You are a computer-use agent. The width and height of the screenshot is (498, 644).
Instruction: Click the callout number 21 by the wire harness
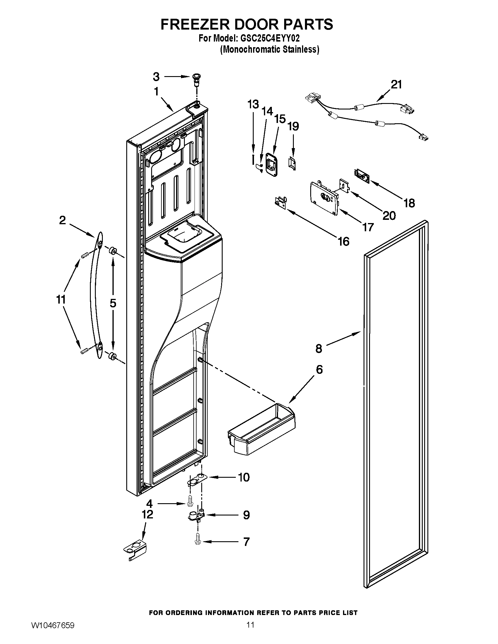(396, 85)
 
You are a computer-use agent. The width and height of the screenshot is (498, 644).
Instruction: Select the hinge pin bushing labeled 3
(196, 79)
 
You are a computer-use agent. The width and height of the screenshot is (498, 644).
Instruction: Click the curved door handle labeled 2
(95, 295)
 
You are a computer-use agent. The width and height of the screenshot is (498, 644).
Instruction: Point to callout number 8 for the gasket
(319, 349)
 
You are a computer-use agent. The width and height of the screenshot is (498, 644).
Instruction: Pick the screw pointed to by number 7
(197, 541)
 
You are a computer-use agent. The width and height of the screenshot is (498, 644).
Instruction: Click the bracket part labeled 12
(135, 550)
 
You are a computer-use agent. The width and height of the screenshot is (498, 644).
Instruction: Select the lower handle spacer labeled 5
(112, 356)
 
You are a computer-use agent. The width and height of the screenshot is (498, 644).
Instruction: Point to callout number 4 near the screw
(150, 504)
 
